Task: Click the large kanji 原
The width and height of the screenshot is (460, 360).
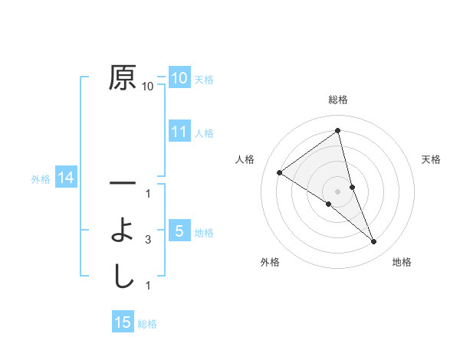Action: pos(123,78)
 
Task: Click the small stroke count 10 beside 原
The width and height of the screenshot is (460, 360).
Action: pos(147,87)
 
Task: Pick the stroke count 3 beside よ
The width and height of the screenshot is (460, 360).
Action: pos(148,240)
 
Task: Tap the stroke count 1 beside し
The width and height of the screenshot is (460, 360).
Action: pos(148,286)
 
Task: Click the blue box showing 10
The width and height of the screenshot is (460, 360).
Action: pos(179,78)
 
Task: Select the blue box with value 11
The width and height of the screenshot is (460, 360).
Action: pos(179,132)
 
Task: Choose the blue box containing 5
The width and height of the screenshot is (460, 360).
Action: pos(179,231)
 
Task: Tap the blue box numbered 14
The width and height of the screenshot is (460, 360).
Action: pos(65,178)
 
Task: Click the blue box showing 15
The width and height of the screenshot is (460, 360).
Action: pos(123,322)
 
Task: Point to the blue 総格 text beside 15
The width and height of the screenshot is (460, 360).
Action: pos(147,324)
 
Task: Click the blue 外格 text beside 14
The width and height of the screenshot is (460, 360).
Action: pos(41,179)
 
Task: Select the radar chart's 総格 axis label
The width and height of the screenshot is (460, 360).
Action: pos(337,100)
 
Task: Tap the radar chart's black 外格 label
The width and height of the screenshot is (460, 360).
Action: pos(270,262)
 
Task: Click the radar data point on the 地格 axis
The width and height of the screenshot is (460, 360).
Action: pos(374,242)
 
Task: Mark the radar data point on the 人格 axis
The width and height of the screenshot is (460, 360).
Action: pos(279,172)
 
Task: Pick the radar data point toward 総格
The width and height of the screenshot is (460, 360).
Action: pos(337,131)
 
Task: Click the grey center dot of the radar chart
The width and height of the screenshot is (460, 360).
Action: pos(337,191)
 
